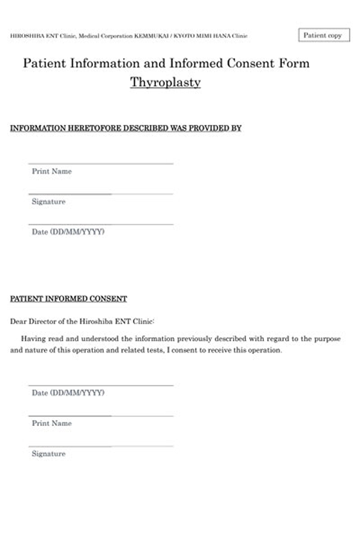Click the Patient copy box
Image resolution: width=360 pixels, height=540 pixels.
tap(323, 35)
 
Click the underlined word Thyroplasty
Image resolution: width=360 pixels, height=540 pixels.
tap(165, 82)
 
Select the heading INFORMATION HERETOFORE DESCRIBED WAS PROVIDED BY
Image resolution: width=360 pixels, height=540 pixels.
tap(125, 128)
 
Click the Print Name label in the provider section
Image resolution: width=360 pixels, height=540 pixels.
tap(52, 172)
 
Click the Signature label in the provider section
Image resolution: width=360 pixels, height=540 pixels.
tap(49, 202)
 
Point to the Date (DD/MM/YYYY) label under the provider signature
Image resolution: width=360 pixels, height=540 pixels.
tap(68, 232)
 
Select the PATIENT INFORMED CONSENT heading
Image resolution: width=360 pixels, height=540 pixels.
tap(68, 299)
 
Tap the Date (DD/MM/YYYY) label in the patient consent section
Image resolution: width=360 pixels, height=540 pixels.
tap(68, 393)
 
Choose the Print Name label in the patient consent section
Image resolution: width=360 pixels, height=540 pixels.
tap(52, 424)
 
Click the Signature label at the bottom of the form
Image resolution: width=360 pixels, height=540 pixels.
tap(49, 454)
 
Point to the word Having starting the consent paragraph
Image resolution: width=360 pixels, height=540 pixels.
tap(34, 339)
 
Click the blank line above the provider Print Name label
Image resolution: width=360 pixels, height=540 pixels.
tap(101, 163)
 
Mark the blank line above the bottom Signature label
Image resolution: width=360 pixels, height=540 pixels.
tap(101, 446)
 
